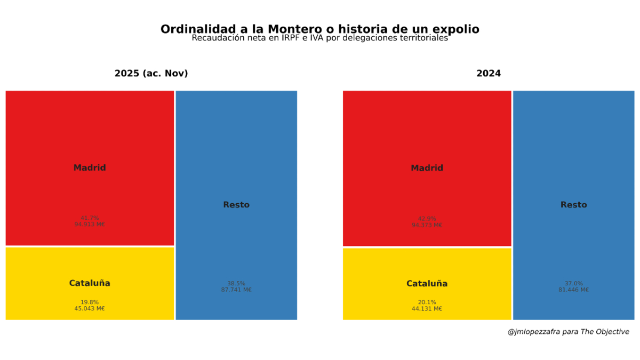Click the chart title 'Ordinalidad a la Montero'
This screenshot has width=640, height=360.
319,29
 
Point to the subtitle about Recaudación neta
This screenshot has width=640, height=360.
319,38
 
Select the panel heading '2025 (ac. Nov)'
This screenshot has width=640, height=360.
151,74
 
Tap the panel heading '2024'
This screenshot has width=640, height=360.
489,74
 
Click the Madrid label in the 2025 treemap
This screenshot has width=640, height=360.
90,168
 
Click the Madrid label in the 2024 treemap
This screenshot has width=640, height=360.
427,168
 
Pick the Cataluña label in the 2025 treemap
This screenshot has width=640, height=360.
90,283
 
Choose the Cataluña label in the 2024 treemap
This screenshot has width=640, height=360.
427,284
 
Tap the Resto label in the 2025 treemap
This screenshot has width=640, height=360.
236,205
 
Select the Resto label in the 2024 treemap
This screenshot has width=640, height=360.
573,205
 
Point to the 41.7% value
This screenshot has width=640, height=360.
90,218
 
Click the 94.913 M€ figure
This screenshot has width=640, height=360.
90,225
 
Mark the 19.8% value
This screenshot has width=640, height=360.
90,302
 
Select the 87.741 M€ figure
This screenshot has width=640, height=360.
236,290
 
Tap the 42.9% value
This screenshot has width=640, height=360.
427,219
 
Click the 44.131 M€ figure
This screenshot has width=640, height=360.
427,309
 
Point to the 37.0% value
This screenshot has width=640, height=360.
573,284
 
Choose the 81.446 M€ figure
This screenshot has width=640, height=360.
573,290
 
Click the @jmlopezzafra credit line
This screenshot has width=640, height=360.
568,332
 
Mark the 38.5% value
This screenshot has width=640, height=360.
236,284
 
